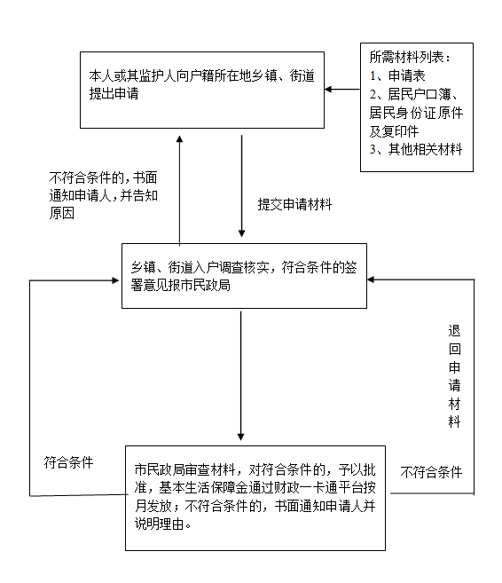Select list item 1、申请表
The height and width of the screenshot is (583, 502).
[x=397, y=75]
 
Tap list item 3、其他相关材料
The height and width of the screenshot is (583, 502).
[x=416, y=149]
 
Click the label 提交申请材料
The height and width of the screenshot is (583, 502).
[x=294, y=204]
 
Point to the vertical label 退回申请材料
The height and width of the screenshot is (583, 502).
[x=454, y=376]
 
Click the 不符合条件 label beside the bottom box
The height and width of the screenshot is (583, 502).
[x=431, y=472]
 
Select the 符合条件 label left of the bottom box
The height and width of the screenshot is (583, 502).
[x=69, y=462]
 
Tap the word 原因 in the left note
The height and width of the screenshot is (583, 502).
[x=62, y=213]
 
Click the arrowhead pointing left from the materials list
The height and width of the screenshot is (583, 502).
[x=328, y=90]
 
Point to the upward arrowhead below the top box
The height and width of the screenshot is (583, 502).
[x=179, y=138]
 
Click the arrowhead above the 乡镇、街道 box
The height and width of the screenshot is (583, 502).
[x=241, y=233]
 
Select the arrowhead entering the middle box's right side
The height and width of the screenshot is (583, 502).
[x=371, y=280]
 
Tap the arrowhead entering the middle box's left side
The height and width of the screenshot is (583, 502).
[x=115, y=280]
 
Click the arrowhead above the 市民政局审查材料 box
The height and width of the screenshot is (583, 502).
[x=240, y=437]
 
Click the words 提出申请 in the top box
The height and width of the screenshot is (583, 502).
[x=114, y=93]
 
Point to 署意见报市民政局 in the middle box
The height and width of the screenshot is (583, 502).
[x=181, y=285]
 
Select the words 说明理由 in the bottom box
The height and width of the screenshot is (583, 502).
[x=160, y=524]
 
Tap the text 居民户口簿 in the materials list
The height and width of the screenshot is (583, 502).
[x=420, y=94]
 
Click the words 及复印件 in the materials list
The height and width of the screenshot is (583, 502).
[x=395, y=130]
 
